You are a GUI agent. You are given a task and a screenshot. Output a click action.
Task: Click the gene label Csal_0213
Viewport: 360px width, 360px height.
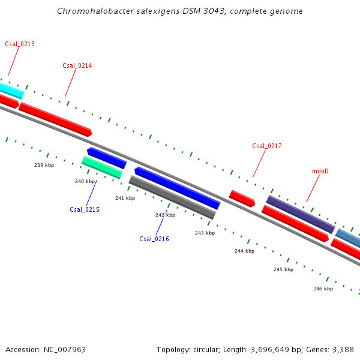click(x=20, y=44)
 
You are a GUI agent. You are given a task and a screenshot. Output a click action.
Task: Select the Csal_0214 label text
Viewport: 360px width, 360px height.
click(x=77, y=65)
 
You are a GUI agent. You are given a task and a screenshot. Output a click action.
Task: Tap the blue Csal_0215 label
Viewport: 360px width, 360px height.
click(x=85, y=209)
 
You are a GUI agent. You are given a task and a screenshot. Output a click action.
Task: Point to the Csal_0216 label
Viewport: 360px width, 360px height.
click(x=154, y=239)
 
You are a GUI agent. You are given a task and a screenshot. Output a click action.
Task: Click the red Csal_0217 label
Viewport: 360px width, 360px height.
click(x=267, y=146)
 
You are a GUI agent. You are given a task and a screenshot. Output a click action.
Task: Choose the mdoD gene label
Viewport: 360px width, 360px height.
click(x=320, y=171)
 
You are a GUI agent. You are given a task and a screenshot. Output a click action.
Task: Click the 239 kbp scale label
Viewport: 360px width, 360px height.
click(x=44, y=165)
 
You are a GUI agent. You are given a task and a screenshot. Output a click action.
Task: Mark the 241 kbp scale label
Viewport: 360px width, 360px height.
click(x=125, y=198)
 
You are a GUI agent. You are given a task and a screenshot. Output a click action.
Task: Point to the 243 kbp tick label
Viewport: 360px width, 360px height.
click(x=205, y=233)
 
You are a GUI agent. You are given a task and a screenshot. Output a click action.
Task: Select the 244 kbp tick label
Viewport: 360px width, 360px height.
click(x=244, y=251)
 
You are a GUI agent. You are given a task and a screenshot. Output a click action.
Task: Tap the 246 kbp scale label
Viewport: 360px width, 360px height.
click(x=323, y=289)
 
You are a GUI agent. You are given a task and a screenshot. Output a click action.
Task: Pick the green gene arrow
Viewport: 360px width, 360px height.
click(x=102, y=167)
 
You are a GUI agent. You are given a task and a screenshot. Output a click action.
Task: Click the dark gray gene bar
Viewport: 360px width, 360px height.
click(x=172, y=197)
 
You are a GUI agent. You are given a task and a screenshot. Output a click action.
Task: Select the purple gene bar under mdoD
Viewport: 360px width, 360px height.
click(x=301, y=214)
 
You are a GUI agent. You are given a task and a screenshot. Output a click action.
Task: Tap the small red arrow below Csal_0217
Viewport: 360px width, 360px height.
click(x=242, y=198)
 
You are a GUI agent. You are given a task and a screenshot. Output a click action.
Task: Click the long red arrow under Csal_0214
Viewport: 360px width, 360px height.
click(x=55, y=119)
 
